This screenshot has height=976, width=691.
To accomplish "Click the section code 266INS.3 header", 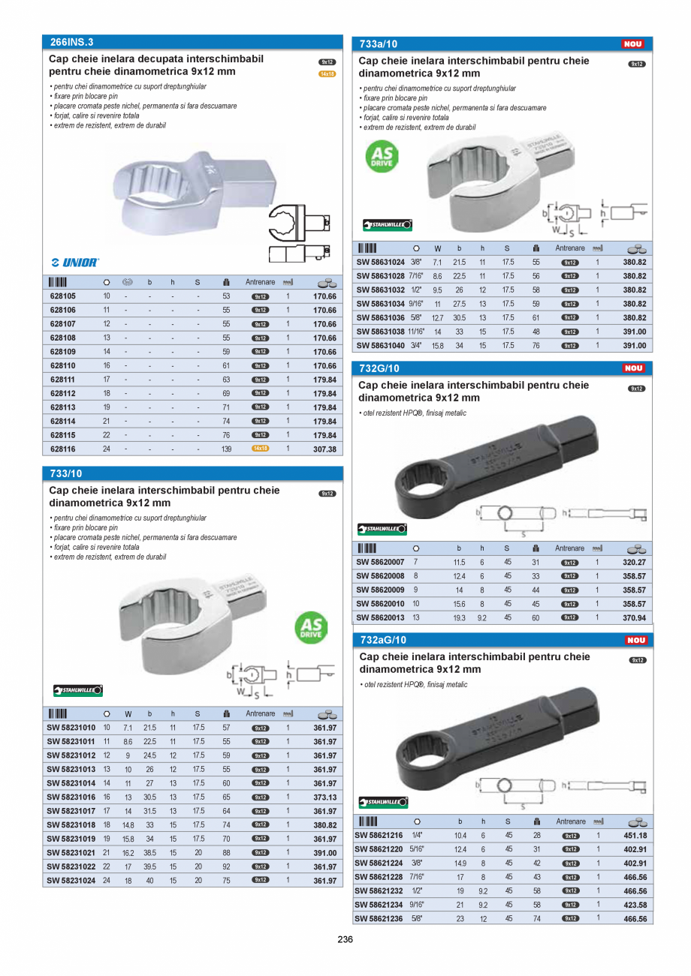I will tap(71, 43).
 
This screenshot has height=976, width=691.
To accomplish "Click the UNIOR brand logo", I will tap(75, 263).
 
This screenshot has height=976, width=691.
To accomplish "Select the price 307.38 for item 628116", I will tap(324, 449).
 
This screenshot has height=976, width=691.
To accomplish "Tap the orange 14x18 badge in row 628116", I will tap(260, 449).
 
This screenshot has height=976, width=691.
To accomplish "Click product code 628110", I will tap(62, 365).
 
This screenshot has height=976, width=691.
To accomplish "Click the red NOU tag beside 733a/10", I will tap(633, 44).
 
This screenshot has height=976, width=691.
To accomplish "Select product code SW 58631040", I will tap(380, 346).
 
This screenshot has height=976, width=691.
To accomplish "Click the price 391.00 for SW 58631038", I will tap(635, 332).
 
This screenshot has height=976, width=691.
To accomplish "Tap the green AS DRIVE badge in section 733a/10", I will tap(382, 155).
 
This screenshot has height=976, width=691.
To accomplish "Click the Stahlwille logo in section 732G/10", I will tap(382, 529).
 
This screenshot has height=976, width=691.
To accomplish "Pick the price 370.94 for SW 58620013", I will tap(635, 618).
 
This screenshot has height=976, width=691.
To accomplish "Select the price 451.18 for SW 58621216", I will tap(635, 836).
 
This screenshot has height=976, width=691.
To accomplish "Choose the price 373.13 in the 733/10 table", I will tap(324, 797).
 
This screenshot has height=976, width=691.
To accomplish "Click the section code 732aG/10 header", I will tap(383, 640).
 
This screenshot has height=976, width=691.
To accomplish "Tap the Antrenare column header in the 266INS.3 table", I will tap(261, 282).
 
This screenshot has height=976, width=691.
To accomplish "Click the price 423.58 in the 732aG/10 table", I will tap(635, 905).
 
